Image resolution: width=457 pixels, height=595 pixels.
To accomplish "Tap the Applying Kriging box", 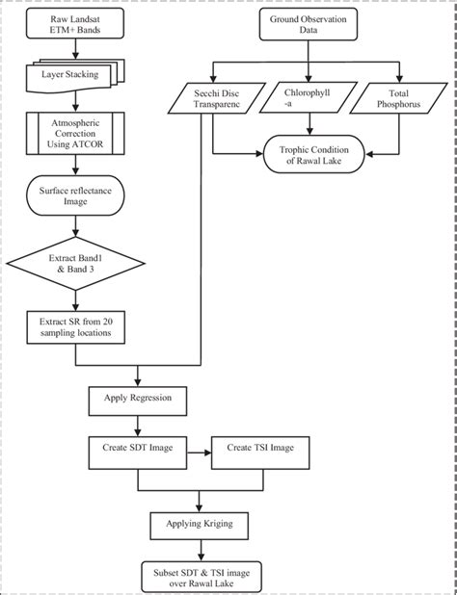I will tap(198, 526).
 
